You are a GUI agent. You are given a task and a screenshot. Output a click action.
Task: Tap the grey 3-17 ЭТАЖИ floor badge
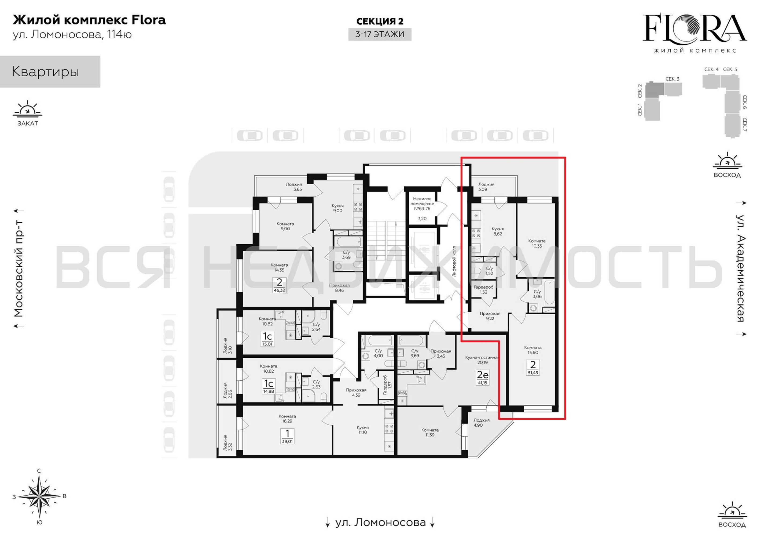pos(380,34)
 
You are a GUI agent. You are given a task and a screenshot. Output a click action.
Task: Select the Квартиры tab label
pos(45,72)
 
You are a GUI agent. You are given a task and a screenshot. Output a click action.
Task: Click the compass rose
pos(39,496)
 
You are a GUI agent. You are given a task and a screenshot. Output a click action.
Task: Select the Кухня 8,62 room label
pos(498,231)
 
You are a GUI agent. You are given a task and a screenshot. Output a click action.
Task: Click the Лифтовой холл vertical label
pos(454,261)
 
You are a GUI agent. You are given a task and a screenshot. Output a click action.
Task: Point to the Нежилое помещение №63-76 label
pos(422,204)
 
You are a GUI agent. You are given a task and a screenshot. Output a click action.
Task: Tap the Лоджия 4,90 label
pos(481,422)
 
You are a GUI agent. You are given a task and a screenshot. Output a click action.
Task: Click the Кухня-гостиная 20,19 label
pos(482,360)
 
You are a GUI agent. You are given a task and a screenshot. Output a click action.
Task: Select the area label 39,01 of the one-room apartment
pos(287,441)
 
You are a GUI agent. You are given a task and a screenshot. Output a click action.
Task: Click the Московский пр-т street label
pos(19,268)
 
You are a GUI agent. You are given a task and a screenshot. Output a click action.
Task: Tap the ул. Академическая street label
pos(740,268)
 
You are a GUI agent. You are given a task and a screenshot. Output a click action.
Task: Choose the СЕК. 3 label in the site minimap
pos(672,79)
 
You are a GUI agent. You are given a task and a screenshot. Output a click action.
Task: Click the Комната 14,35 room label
pos(279,267)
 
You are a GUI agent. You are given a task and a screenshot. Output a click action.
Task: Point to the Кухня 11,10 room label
pos(363,430)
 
